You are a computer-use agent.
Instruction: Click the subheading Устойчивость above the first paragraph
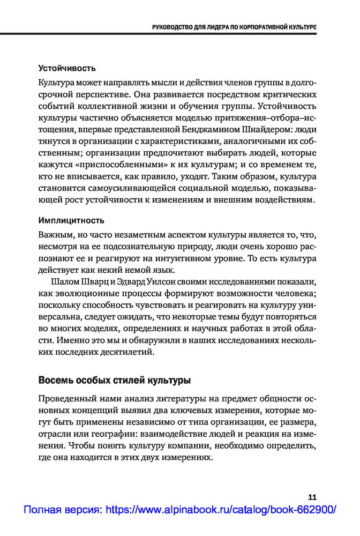click(x=67, y=69)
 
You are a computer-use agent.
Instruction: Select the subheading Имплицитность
click(x=71, y=220)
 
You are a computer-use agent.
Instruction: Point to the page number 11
click(x=312, y=497)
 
